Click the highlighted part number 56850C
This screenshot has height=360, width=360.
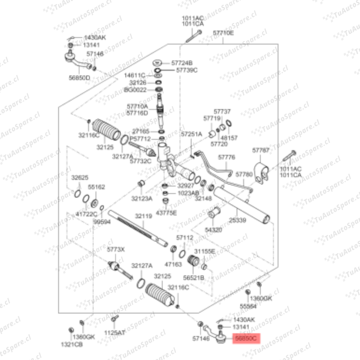pyautogui.click(x=246, y=339)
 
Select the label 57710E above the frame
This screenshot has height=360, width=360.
pyautogui.click(x=223, y=33)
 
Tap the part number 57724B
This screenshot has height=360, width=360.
pyautogui.click(x=182, y=63)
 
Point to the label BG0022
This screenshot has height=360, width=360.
pyautogui.click(x=135, y=90)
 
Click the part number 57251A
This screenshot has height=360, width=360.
pyautogui.click(x=192, y=134)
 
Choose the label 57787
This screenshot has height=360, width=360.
pyautogui.click(x=261, y=150)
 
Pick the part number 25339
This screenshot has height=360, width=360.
pyautogui.click(x=238, y=221)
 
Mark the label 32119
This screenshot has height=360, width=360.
pyautogui.click(x=144, y=216)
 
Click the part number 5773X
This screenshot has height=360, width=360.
pyautogui.click(x=116, y=249)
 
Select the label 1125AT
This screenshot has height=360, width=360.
pyautogui.click(x=115, y=333)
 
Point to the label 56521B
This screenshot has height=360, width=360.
pyautogui.click(x=194, y=277)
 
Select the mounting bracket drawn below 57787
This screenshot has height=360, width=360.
pyautogui.click(x=261, y=172)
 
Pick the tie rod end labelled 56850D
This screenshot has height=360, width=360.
pyautogui.click(x=77, y=60)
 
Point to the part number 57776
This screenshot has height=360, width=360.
pyautogui.click(x=227, y=157)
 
